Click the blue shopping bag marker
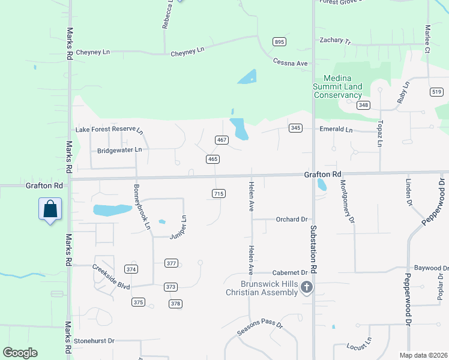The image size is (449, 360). [50, 209]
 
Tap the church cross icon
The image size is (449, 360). [307, 287]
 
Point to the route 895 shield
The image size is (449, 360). [279, 41]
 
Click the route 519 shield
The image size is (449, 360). [436, 91]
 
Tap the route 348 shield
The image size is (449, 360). [363, 106]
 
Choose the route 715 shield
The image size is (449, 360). [218, 193]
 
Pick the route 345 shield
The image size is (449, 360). [295, 128]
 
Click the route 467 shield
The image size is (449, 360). [221, 140]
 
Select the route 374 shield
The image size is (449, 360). [131, 268]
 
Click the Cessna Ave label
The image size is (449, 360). [290, 62]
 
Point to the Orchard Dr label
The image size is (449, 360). [292, 220]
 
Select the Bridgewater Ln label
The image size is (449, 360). [119, 149]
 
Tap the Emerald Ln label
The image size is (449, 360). [336, 129]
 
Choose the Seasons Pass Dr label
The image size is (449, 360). [259, 327]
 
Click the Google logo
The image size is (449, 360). [20, 353]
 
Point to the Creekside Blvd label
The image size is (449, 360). [110, 277]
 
